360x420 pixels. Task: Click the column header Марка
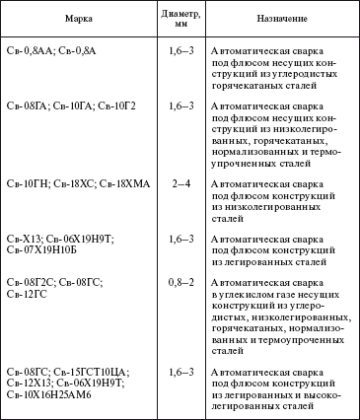pos(78,18)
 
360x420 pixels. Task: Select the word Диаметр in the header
pos(180,12)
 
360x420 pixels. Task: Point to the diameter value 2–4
pos(179,183)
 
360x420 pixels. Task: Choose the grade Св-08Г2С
pos(30,282)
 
